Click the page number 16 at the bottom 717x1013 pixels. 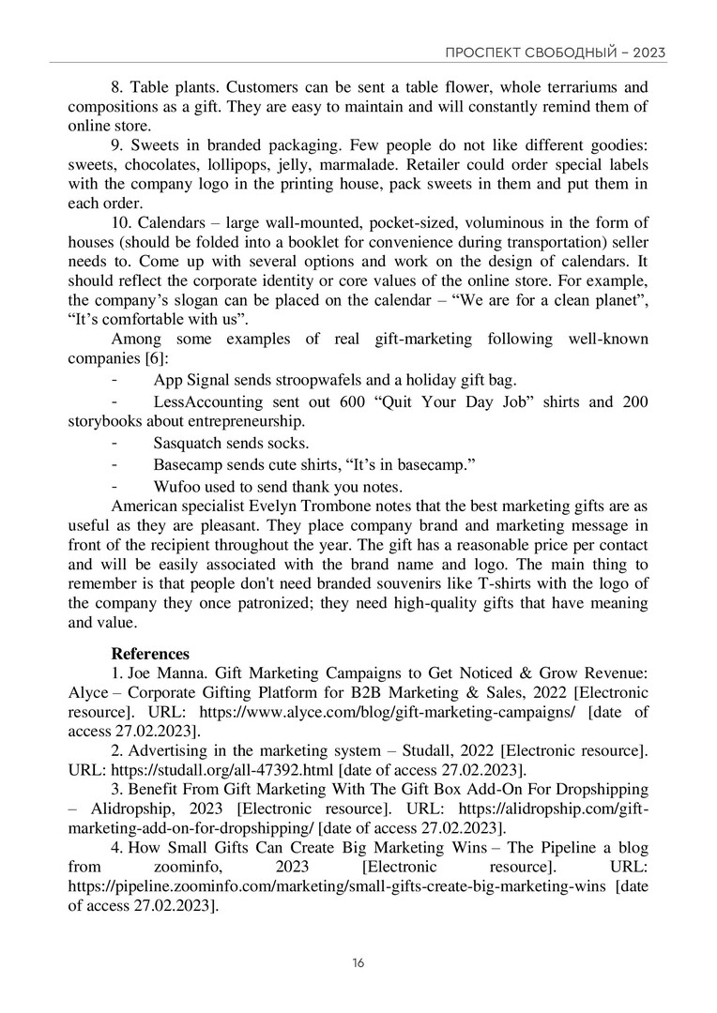click(358, 964)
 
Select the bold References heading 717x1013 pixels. click(150, 654)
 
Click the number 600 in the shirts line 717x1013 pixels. click(358, 401)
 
